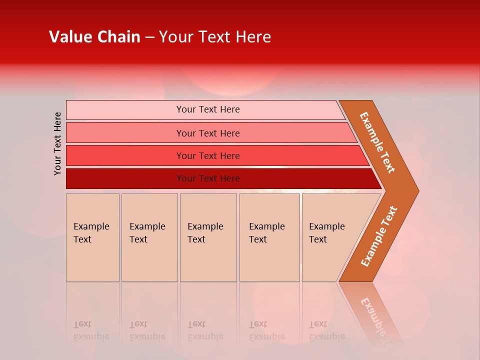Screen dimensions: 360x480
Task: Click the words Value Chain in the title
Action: click(94, 37)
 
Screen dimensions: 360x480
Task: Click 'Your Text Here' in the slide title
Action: click(215, 37)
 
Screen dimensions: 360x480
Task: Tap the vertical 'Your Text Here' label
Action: click(57, 143)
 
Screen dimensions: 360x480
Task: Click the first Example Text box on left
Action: click(92, 237)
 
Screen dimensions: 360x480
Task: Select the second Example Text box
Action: click(149, 237)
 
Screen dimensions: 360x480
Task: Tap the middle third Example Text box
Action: click(208, 237)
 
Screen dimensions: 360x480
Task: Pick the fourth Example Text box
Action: click(269, 237)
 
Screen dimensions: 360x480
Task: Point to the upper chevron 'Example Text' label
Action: click(377, 142)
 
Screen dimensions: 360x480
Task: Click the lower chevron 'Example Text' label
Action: click(379, 236)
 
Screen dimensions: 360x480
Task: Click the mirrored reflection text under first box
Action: click(91, 330)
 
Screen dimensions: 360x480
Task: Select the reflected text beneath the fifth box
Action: click(327, 330)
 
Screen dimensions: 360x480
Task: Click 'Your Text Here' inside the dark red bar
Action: click(208, 178)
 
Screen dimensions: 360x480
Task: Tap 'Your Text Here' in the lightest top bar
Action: click(208, 109)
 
